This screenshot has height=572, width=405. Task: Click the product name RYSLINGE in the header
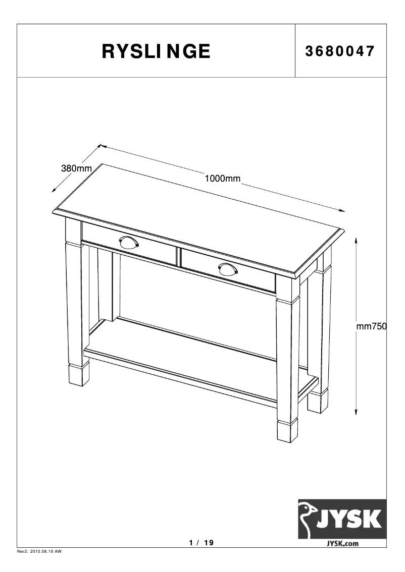[156, 51]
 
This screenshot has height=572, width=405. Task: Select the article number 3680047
[340, 51]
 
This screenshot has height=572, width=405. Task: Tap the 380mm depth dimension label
[76, 168]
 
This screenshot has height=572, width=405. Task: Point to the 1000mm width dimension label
[222, 178]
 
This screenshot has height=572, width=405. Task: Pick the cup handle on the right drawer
[228, 269]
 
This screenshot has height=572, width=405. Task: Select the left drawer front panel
[129, 243]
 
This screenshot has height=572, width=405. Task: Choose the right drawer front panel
[227, 271]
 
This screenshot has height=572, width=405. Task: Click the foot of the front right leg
[288, 431]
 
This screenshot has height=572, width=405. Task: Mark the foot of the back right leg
[318, 403]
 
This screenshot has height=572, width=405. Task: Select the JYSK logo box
[342, 519]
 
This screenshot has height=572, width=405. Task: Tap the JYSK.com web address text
[342, 543]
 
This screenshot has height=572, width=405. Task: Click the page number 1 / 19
[201, 543]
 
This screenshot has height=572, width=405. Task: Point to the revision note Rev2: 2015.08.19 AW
[39, 552]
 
